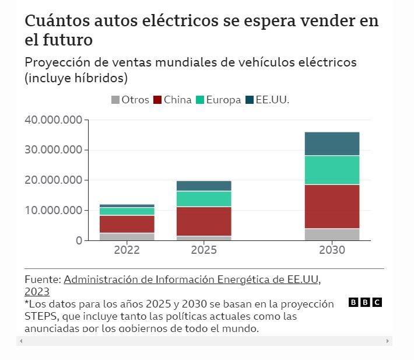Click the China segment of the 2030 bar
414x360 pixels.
pyautogui.click(x=332, y=206)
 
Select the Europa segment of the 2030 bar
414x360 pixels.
pyautogui.click(x=332, y=170)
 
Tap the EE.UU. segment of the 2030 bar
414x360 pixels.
pyautogui.click(x=332, y=144)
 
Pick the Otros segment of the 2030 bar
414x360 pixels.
pyautogui.click(x=332, y=234)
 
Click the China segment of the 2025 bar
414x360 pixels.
pyautogui.click(x=204, y=221)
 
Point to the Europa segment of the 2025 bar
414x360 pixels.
pyautogui.click(x=204, y=198)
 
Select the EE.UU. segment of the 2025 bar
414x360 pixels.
pyautogui.click(x=204, y=186)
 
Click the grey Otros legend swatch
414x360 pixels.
pyautogui.click(x=115, y=100)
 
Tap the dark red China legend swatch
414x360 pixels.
pyautogui.click(x=157, y=100)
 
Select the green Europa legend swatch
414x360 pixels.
pyautogui.click(x=199, y=100)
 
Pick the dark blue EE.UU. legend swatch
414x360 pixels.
pyautogui.click(x=251, y=100)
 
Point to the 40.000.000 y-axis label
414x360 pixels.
pyautogui.click(x=53, y=120)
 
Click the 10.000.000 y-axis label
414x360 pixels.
pyautogui.click(x=53, y=210)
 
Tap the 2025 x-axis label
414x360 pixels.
pyautogui.click(x=204, y=250)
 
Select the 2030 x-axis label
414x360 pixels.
pyautogui.click(x=332, y=250)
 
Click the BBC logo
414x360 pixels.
pyautogui.click(x=365, y=302)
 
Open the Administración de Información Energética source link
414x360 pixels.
pyautogui.click(x=192, y=279)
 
